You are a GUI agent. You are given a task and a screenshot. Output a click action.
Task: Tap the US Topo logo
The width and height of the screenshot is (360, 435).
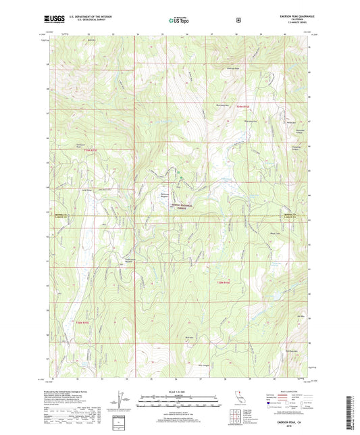pyautogui.click(x=179, y=20)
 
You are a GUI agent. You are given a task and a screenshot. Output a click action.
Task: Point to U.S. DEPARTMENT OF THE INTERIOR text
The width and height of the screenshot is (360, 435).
pyautogui.click(x=84, y=16)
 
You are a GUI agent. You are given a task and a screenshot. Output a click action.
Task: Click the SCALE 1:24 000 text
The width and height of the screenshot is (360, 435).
pyautogui.click(x=179, y=391)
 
